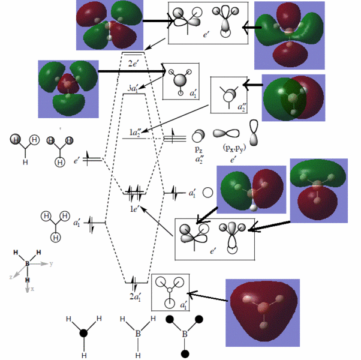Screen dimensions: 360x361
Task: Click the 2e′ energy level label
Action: pyautogui.click(x=134, y=63)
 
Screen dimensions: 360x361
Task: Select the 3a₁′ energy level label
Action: pyautogui.click(x=133, y=89)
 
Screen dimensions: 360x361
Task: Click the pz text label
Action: pyautogui.click(x=198, y=148)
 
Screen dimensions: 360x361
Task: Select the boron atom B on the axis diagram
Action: pyautogui.click(x=27, y=263)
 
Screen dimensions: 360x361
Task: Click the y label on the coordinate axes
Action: pyautogui.click(x=52, y=263)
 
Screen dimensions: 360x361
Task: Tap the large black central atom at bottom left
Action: pyautogui.click(x=84, y=332)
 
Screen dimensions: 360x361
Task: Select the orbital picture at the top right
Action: pyautogui.click(x=290, y=35)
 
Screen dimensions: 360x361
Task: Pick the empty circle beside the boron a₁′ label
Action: pyautogui.click(x=207, y=193)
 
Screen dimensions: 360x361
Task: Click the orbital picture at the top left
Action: pyautogui.click(x=109, y=25)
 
